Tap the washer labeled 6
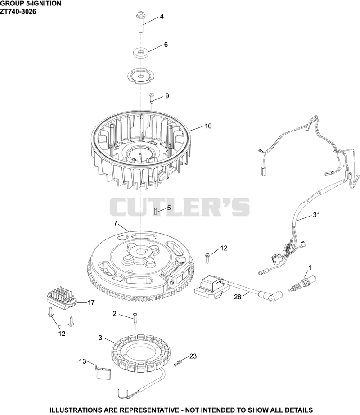tap(141, 52)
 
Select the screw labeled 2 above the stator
tap(135, 320)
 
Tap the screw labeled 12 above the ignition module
tap(207, 258)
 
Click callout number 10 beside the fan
tap(208, 126)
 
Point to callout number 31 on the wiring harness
tap(316, 215)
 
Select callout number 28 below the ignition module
tap(238, 297)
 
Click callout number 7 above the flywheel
tap(115, 223)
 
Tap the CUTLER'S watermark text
tap(180, 207)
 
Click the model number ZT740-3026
tap(18, 12)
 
